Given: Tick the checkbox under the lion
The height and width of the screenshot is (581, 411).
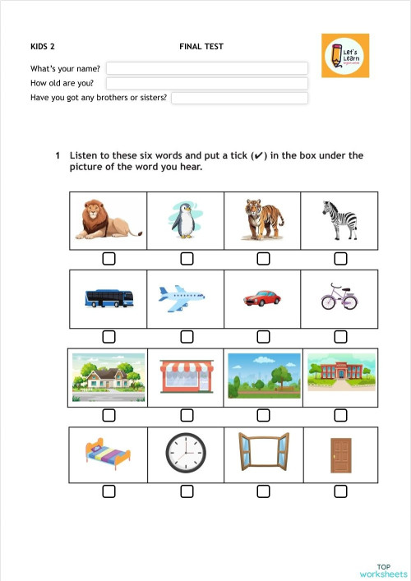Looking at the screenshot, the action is tap(109, 259).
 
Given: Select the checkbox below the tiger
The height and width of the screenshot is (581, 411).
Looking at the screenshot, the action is tap(263, 259).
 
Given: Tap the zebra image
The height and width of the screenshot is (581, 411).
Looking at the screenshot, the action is tap(339, 219).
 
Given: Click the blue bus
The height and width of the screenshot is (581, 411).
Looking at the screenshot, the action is tap(109, 297).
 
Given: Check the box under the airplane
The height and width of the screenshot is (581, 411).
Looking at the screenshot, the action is tap(187, 337).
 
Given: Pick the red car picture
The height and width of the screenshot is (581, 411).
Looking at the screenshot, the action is tap(262, 297).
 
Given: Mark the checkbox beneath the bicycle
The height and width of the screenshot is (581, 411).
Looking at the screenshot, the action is tap(340, 337).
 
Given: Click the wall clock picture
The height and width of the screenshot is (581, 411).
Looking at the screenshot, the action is tap(186, 453).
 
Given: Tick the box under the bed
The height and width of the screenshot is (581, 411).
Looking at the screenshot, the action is tap(109, 491).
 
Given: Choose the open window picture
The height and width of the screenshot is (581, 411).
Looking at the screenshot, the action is tap(263, 453).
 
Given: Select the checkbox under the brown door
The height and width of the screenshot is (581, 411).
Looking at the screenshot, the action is tap(340, 491).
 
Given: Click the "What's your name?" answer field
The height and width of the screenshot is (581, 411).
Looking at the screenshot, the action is tap(206, 68).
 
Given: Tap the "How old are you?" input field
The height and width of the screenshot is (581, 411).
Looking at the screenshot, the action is tap(206, 83).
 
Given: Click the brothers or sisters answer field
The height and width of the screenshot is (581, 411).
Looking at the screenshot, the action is tap(239, 98).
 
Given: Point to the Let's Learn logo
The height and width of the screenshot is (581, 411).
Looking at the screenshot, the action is tap(345, 56).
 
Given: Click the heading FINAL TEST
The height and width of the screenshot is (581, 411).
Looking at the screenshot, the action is tap(201, 47).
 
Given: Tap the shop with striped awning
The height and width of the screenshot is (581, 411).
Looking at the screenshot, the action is tap(186, 376).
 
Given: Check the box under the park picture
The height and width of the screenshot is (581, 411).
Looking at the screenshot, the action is tap(263, 414).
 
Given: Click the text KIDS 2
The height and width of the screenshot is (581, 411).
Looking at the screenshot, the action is tap(43, 47).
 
